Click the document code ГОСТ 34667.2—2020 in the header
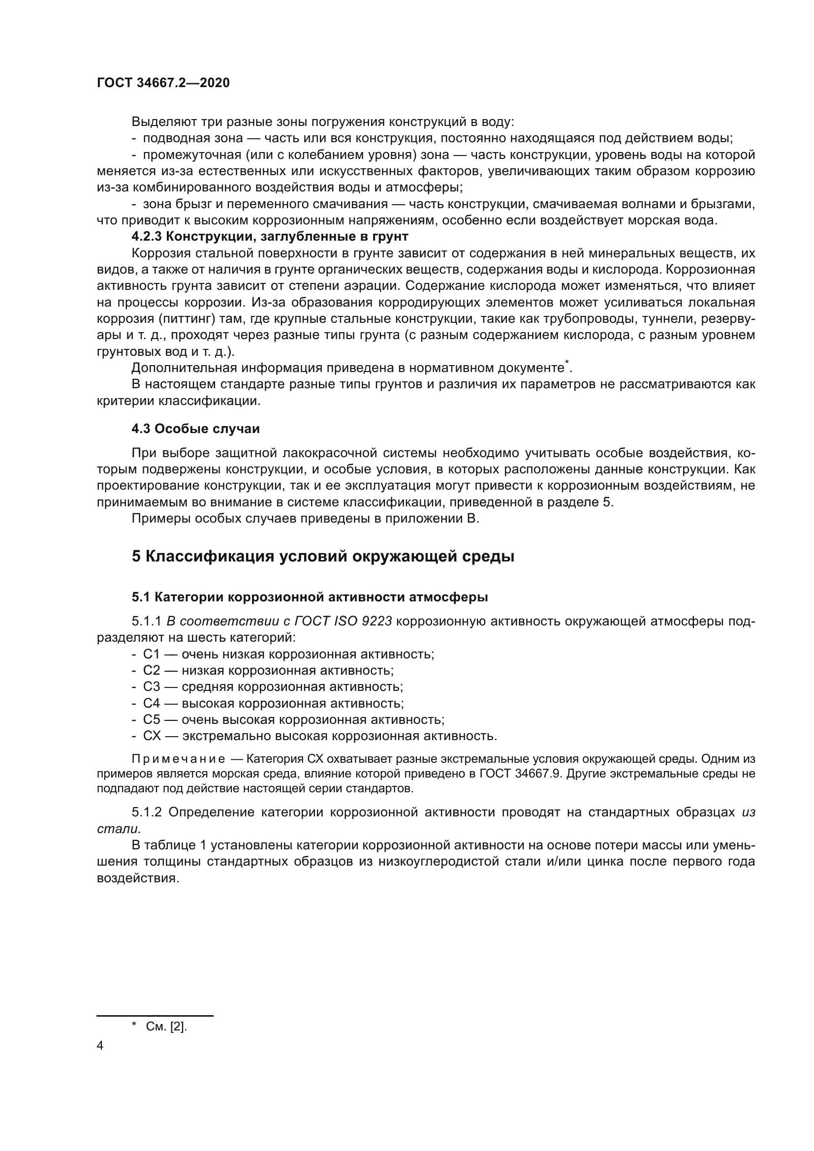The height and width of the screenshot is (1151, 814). pyautogui.click(x=163, y=83)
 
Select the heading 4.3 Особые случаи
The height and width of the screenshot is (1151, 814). pyautogui.click(x=195, y=429)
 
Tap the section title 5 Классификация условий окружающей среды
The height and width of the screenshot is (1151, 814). pyautogui.click(x=323, y=557)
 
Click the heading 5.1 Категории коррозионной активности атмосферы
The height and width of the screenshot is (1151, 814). pyautogui.click(x=309, y=597)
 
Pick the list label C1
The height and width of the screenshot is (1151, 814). pyautogui.click(x=151, y=654)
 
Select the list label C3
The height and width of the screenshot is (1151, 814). pyautogui.click(x=152, y=687)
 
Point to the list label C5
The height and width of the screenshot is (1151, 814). pyautogui.click(x=152, y=720)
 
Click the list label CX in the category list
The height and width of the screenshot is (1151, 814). pyautogui.click(x=152, y=736)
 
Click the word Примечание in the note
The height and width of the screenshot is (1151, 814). pyautogui.click(x=178, y=759)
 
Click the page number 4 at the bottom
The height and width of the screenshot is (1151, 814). pyautogui.click(x=100, y=1046)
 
